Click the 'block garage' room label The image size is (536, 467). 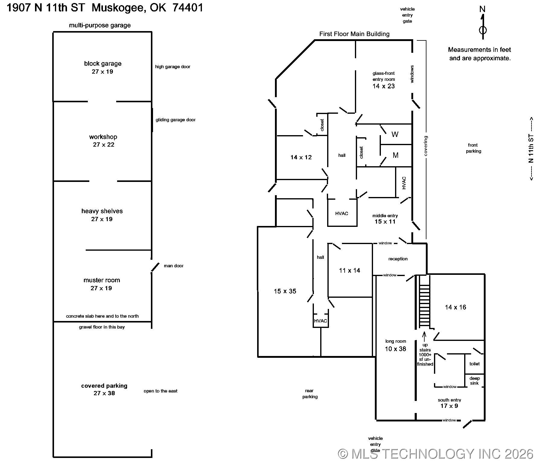tap(103, 64)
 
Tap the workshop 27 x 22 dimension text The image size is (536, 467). tap(104, 145)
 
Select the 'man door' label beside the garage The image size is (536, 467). tap(174, 266)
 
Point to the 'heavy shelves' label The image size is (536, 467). tap(102, 211)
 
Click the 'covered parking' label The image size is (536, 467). tap(104, 386)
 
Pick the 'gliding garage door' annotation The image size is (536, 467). tap(175, 120)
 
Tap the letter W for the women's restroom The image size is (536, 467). tap(395, 135)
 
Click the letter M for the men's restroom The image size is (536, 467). tap(395, 155)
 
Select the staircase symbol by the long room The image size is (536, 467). tap(424, 302)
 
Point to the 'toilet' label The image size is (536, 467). tap(474, 364)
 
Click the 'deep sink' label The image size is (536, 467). tap(474, 381)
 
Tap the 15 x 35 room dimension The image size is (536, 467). tap(285, 291)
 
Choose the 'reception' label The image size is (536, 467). tap(398, 259)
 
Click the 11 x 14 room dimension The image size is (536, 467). tap(349, 271)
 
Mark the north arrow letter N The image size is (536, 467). tap(482, 9)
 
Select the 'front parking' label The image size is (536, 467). tap(473, 148)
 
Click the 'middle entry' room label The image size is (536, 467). tap(385, 216)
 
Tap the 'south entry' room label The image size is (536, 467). tap(449, 400)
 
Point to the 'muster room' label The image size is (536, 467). tap(102, 280)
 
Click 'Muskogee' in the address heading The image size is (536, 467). tap(119, 8)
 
